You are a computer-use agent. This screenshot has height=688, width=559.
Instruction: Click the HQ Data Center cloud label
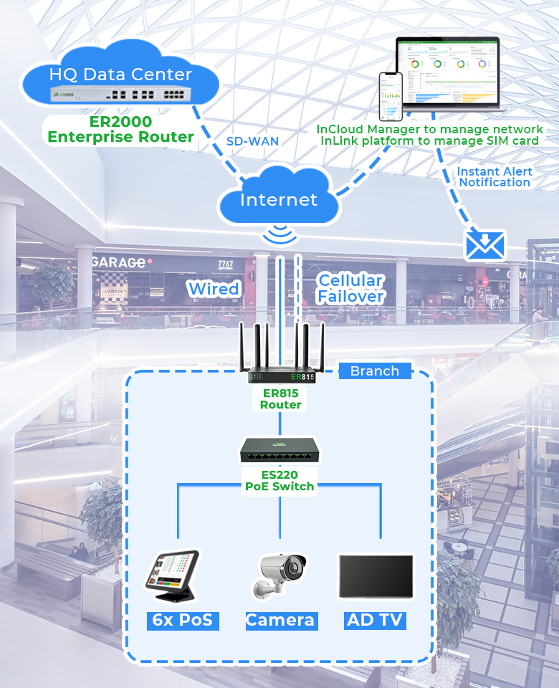pyautogui.click(x=120, y=74)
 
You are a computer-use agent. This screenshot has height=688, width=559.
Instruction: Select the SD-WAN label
pyautogui.click(x=252, y=141)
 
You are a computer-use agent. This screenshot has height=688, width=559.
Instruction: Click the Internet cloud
pyautogui.click(x=278, y=199)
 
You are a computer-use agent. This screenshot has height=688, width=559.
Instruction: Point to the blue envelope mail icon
pyautogui.click(x=485, y=245)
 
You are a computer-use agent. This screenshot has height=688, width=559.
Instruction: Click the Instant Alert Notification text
pyautogui.click(x=494, y=177)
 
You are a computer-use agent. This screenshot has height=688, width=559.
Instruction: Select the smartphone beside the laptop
pyautogui.click(x=391, y=96)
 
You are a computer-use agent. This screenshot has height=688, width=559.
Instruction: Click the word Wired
pyautogui.click(x=214, y=289)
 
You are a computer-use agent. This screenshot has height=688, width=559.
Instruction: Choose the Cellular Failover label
pyautogui.click(x=350, y=288)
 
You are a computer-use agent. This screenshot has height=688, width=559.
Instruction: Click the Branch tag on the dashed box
pyautogui.click(x=375, y=371)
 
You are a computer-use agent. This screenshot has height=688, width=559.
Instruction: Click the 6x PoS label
pyautogui.click(x=183, y=620)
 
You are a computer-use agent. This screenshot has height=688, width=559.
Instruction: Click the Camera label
pyautogui.click(x=280, y=620)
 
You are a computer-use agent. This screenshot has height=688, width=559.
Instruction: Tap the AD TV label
pyautogui.click(x=375, y=620)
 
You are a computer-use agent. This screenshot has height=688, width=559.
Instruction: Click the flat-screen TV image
pyautogui.click(x=376, y=576)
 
